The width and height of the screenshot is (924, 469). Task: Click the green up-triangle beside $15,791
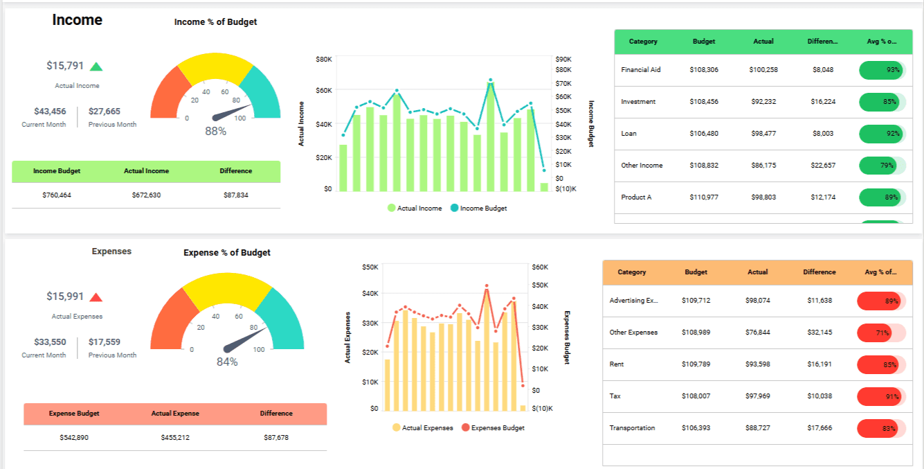pos(96,67)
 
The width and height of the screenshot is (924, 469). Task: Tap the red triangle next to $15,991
pos(96,297)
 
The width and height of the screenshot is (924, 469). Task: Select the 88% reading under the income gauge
pos(216,131)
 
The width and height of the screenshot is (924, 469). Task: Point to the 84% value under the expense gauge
pos(227,362)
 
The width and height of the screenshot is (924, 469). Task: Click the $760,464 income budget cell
pos(57,195)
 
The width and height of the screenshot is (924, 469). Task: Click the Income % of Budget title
pos(215,22)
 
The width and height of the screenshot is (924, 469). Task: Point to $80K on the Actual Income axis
pos(324,60)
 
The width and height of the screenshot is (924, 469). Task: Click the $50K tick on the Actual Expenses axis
pos(370,267)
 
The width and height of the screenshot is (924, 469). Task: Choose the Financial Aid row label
pos(641,70)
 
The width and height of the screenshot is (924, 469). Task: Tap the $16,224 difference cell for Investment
pos(823,102)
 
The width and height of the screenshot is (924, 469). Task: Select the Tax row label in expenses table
pos(615,396)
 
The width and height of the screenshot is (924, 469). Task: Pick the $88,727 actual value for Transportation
pos(758,428)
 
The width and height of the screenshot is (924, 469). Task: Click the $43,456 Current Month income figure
pos(50,112)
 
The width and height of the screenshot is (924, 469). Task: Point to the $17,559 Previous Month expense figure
pos(105,342)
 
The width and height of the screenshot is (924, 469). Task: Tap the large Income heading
pos(78,20)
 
